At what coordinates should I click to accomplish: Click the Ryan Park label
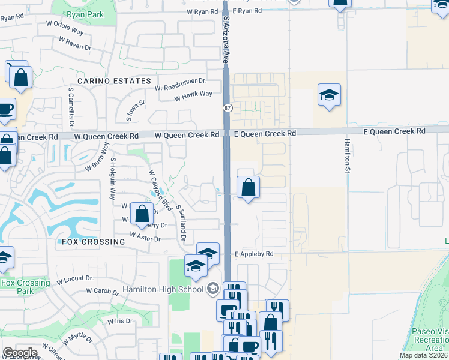tap(85, 14)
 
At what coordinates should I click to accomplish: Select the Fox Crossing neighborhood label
tap(93, 242)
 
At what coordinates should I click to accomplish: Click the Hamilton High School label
tap(163, 289)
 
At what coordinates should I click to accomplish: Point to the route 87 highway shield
tap(226, 108)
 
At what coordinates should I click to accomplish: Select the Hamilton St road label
tap(347, 156)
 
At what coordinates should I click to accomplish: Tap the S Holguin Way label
tap(112, 179)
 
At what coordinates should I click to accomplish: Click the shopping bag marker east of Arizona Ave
tap(248, 188)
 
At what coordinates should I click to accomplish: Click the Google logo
tap(20, 353)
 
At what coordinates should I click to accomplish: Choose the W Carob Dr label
tap(106, 291)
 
